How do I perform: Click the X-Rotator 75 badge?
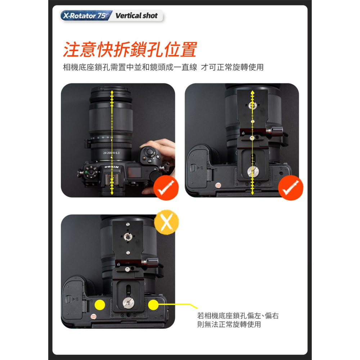85,16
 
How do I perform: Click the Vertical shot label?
136,16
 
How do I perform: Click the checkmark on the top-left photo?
165,188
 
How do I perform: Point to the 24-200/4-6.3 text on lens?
111,153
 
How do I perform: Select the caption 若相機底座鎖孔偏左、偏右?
238,316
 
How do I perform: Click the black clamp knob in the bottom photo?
150,262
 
